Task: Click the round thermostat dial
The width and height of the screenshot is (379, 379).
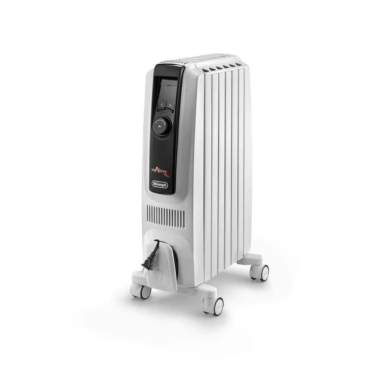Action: coord(163,126)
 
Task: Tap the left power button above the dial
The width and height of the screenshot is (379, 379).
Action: coord(161,106)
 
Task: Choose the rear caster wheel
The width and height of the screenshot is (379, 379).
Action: coord(264,273)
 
